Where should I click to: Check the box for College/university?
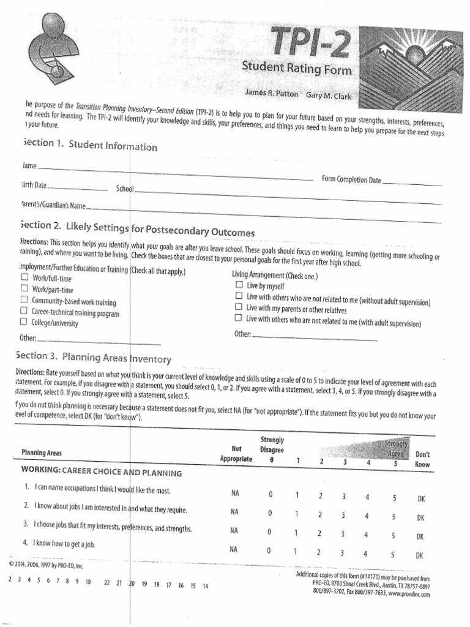coord(23,321)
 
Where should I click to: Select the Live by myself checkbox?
coord(239,285)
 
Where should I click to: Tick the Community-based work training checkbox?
coord(24,300)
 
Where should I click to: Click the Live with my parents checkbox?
coord(239,307)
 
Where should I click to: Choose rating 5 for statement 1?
coord(394,498)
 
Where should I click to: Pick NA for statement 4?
coord(234,549)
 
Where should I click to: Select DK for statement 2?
coord(420,517)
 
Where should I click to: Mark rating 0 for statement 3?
coord(269,532)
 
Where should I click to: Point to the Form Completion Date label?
coord(351,179)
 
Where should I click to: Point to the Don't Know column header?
coord(422,459)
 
